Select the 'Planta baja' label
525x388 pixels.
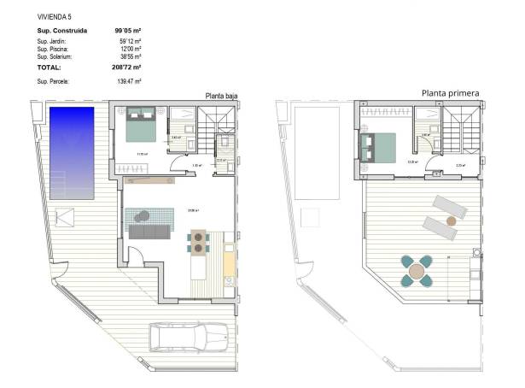221,97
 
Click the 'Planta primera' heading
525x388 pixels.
450,92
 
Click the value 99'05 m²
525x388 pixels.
128,32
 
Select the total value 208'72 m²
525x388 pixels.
128,66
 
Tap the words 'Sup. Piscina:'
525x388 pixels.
54,49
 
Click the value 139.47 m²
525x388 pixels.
128,80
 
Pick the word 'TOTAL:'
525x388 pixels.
49,66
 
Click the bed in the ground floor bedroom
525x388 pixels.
142,126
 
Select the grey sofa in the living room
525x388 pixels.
147,228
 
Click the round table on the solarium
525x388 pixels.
417,273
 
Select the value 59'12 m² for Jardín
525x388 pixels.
130,41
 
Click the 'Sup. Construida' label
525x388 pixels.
62,32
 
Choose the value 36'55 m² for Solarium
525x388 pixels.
130,56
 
